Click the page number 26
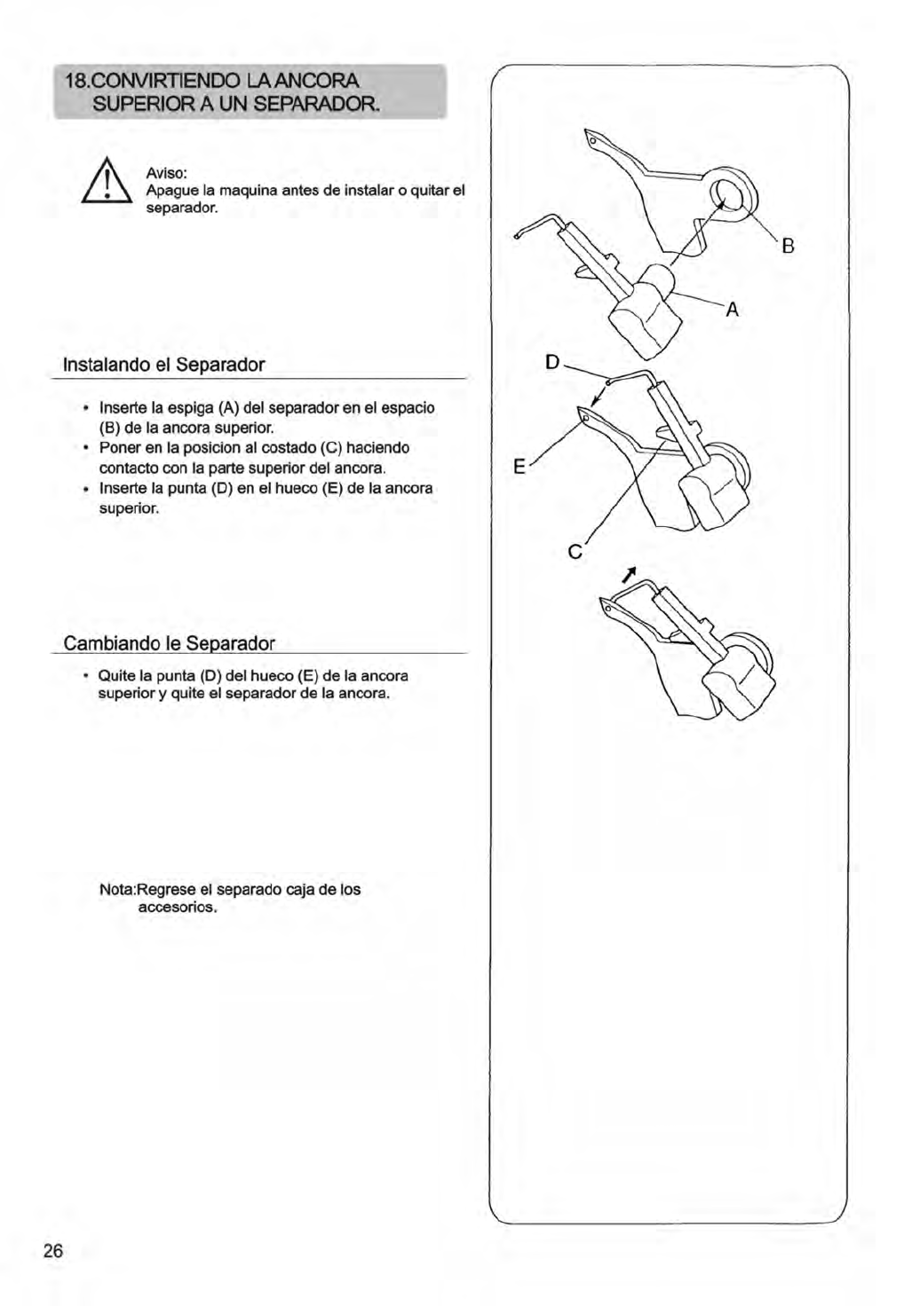click(x=53, y=1251)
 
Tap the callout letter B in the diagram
click(x=787, y=247)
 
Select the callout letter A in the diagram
click(x=733, y=310)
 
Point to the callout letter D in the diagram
click(x=553, y=362)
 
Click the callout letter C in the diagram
click(x=575, y=553)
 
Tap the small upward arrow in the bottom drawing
click(x=630, y=575)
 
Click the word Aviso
click(x=165, y=175)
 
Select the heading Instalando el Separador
click(x=164, y=365)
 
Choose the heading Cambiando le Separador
click(x=170, y=642)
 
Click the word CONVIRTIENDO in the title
click(x=155, y=83)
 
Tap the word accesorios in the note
click(x=178, y=908)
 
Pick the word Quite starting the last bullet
click(x=115, y=676)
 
